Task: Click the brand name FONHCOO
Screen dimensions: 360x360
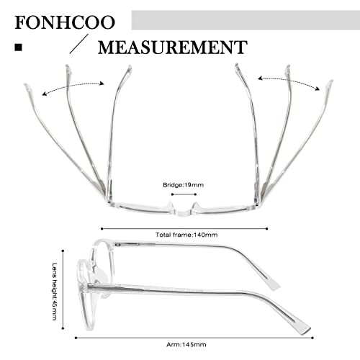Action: coord(65,22)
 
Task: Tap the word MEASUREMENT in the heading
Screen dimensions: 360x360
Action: coord(173,48)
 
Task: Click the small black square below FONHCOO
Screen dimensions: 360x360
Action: coord(18,48)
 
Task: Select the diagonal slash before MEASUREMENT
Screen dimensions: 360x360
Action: coord(79,44)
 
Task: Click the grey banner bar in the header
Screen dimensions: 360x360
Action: coord(246,20)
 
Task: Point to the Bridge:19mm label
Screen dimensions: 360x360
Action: coord(183,185)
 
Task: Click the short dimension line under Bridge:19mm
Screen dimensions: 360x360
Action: coord(184,194)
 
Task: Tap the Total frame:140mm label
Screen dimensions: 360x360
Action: coord(186,235)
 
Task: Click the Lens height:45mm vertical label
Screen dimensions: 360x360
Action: coord(55,292)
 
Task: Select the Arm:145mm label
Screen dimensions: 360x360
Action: coord(186,345)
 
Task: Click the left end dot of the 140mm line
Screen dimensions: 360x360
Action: coord(102,229)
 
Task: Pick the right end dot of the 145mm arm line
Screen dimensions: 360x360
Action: coord(312,338)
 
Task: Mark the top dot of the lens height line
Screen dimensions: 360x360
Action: coord(63,251)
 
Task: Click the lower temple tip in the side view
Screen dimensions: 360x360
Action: coord(304,329)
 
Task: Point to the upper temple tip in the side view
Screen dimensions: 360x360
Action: coord(274,286)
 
